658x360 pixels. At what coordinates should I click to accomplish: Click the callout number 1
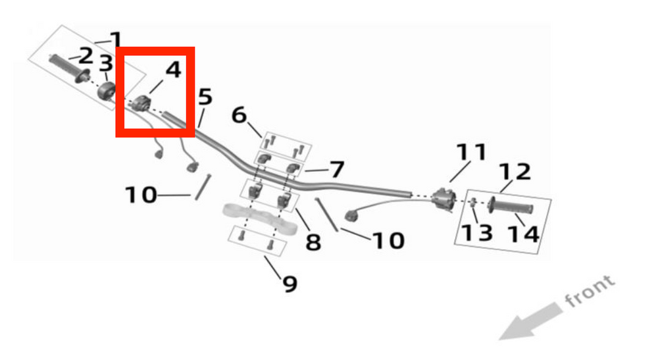(x=114, y=40)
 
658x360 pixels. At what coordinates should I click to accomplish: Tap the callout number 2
(x=85, y=56)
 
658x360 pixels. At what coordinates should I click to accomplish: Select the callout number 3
(x=106, y=63)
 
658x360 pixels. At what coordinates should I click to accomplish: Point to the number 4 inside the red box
(x=173, y=70)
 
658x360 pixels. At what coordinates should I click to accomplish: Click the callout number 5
(x=205, y=97)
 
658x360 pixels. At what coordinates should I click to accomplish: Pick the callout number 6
(x=240, y=115)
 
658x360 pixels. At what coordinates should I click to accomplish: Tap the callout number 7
(x=337, y=170)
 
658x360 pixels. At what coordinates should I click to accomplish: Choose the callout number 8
(x=313, y=242)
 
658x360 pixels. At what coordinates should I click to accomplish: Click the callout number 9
(x=290, y=284)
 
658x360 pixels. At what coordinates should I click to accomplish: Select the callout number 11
(x=471, y=152)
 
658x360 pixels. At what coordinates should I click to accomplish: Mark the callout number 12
(x=515, y=172)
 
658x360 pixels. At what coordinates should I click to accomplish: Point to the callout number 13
(x=476, y=233)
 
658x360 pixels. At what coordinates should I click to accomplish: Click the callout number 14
(x=523, y=234)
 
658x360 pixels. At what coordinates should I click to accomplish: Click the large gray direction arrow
(x=530, y=321)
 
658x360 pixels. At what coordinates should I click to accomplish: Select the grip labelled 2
(x=69, y=68)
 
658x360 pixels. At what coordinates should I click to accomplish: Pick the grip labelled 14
(x=511, y=207)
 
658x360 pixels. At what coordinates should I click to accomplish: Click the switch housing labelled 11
(x=444, y=199)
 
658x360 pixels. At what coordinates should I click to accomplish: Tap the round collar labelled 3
(x=107, y=91)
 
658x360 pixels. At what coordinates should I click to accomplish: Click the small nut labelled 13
(x=474, y=202)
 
